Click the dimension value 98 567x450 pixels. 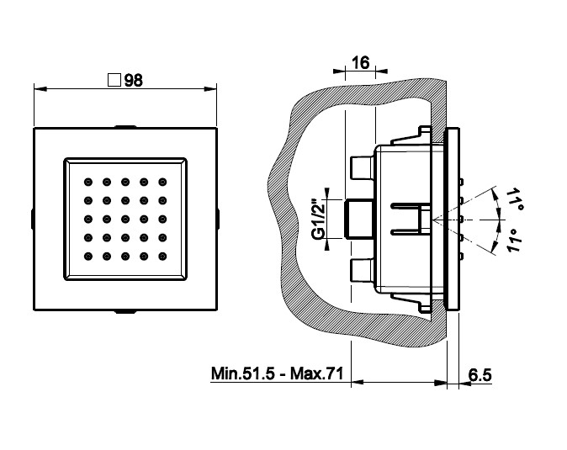coord(132,81)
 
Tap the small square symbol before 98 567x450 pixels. coord(115,81)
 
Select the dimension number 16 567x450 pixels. coord(361,64)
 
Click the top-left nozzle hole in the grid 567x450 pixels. coord(87,181)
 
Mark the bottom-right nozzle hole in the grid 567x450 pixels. coord(162,256)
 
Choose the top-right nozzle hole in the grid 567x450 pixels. coord(162,181)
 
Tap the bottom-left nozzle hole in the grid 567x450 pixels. coord(87,256)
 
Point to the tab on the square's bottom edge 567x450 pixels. coord(125,310)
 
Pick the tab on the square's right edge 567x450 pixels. coord(217,219)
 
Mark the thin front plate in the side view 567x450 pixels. coord(455,219)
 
